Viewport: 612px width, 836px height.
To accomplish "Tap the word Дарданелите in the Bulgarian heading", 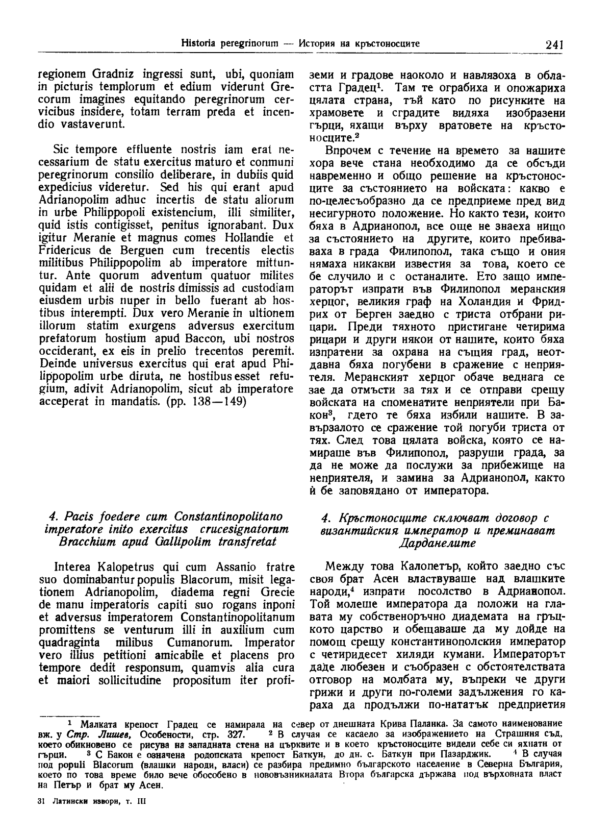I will point(436,543).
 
